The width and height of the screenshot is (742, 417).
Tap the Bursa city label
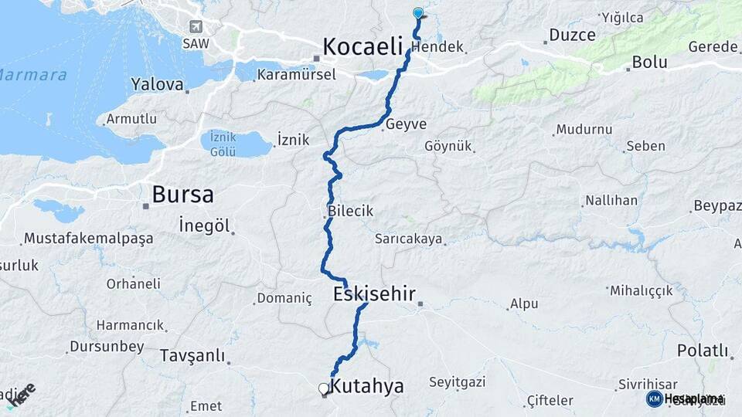coord(182,194)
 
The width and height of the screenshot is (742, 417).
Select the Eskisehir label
coord(375,293)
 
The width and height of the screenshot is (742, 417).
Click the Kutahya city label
coord(366,386)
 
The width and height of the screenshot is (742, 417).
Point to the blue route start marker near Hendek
coord(418,13)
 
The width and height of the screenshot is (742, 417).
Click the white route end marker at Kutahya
coord(324,389)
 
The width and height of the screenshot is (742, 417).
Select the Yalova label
coord(157,83)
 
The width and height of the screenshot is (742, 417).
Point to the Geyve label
coord(406,124)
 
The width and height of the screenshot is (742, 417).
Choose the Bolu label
coord(649,62)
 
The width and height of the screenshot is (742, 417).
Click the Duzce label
coord(572,35)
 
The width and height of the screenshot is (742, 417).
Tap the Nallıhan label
coord(611,201)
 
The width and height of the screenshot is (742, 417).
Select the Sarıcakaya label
coord(409,239)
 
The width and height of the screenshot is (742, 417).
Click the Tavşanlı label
coord(192,355)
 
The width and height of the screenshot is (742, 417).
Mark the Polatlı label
coord(703,351)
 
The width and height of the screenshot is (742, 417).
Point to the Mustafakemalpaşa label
coord(88,238)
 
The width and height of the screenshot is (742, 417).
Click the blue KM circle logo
coord(655,398)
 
